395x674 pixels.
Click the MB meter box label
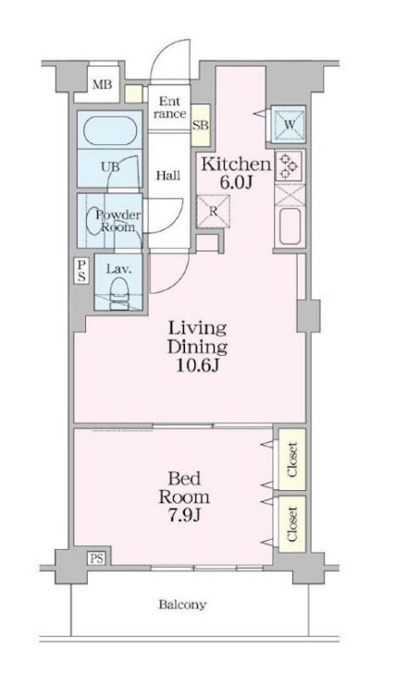pyautogui.click(x=103, y=84)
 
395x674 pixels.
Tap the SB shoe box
pyautogui.click(x=201, y=125)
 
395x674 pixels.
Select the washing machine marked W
pyautogui.click(x=290, y=125)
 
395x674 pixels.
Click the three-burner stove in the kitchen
pyautogui.click(x=289, y=165)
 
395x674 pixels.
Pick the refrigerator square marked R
pyautogui.click(x=214, y=211)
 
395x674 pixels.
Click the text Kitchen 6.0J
pyautogui.click(x=236, y=173)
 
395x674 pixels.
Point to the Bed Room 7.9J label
pyautogui.click(x=185, y=496)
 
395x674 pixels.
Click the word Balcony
pyautogui.click(x=182, y=605)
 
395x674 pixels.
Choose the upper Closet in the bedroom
pyautogui.click(x=291, y=460)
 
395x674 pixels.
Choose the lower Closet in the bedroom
pyautogui.click(x=291, y=523)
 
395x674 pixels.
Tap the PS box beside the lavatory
pyautogui.click(x=81, y=271)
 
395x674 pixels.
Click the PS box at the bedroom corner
pyautogui.click(x=97, y=558)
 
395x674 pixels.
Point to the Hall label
pyautogui.click(x=167, y=176)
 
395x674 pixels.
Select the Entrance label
pyautogui.click(x=170, y=107)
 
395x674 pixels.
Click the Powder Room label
pyautogui.click(x=117, y=221)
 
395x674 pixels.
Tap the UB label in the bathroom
pyautogui.click(x=111, y=166)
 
